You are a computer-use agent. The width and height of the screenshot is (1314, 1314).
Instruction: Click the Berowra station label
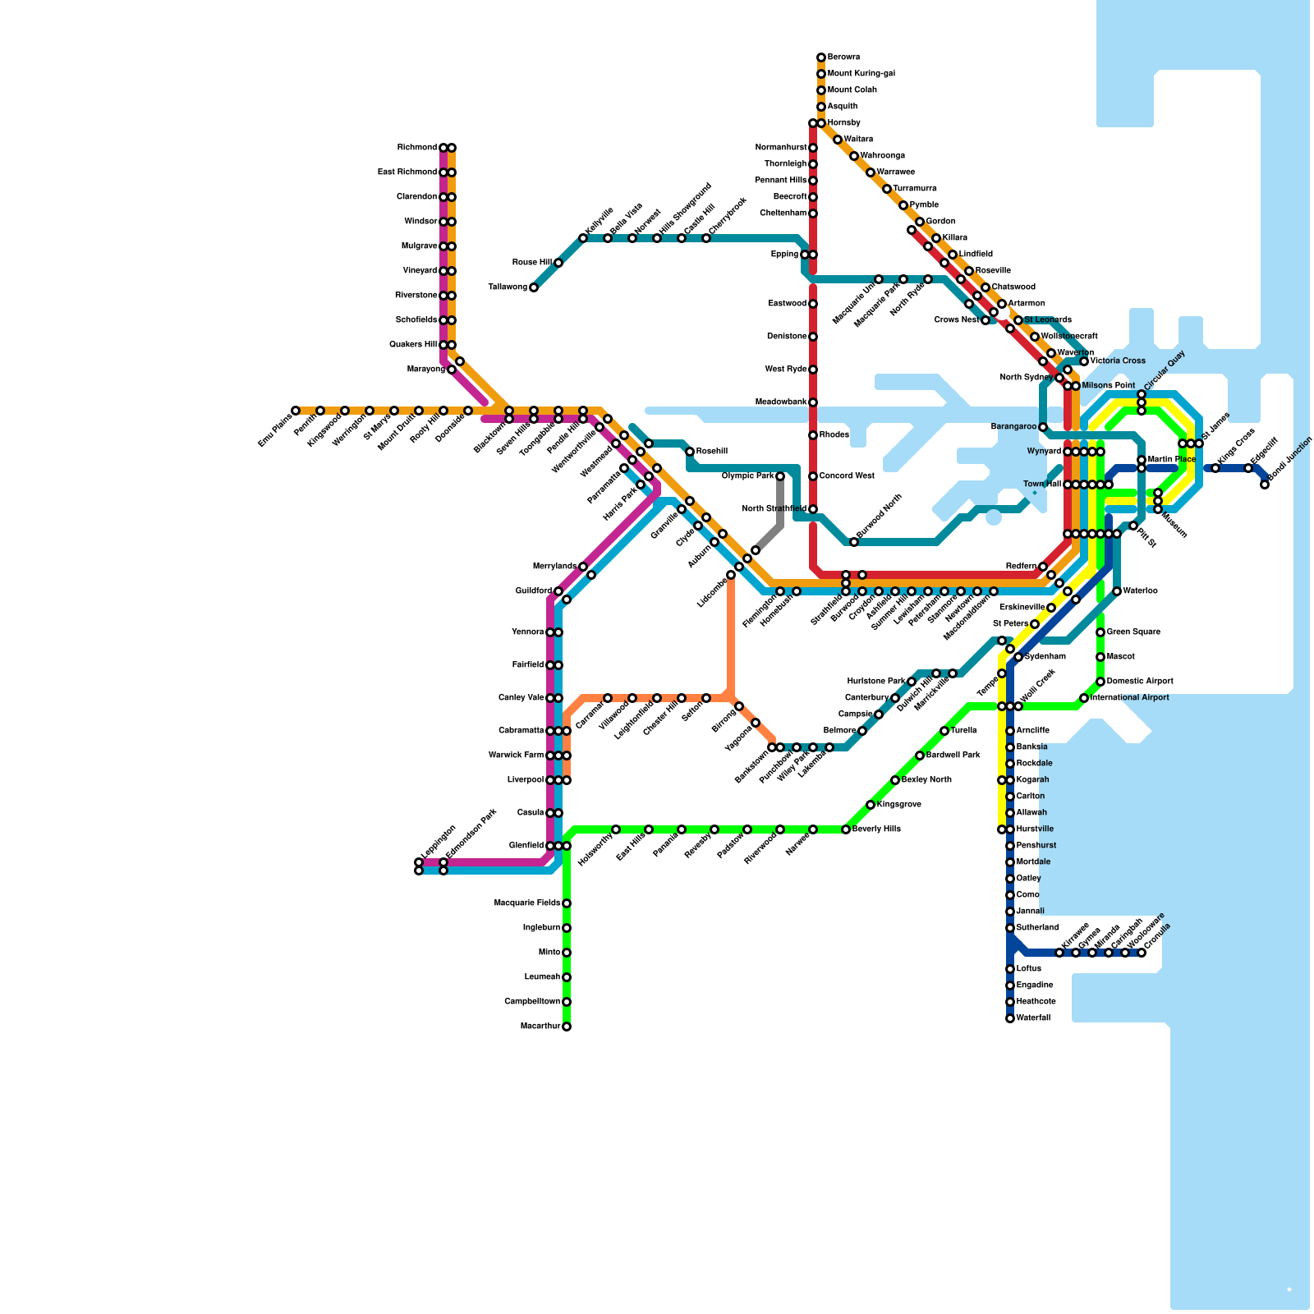click(843, 57)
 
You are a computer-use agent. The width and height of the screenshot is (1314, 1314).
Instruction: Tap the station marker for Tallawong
click(534, 287)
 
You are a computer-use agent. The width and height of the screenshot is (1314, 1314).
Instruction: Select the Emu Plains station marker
click(296, 411)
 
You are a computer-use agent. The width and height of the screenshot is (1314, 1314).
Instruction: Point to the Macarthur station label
click(540, 1027)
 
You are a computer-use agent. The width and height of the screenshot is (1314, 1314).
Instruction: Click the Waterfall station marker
click(1010, 1018)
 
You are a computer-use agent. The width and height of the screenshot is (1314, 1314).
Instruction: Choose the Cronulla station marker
click(1142, 953)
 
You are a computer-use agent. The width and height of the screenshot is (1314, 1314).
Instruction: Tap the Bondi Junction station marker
click(1265, 485)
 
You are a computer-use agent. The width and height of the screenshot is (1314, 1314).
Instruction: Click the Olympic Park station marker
click(780, 476)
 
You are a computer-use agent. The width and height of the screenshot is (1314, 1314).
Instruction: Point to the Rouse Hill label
click(531, 263)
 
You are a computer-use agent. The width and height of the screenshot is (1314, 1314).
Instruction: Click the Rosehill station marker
click(690, 452)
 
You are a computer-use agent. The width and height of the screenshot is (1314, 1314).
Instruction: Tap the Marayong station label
click(426, 370)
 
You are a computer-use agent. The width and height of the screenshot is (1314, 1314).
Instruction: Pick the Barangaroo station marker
click(1043, 427)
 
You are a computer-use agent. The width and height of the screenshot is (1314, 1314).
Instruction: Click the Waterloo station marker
click(1117, 591)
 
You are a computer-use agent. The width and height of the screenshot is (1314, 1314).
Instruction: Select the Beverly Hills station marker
click(846, 829)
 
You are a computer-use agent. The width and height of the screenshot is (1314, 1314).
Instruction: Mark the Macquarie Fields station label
click(527, 903)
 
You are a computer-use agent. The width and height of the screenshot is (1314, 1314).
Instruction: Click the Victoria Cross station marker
click(1084, 361)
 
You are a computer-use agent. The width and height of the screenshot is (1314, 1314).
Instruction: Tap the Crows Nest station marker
click(985, 320)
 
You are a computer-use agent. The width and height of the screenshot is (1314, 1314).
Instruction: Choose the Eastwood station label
click(787, 304)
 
